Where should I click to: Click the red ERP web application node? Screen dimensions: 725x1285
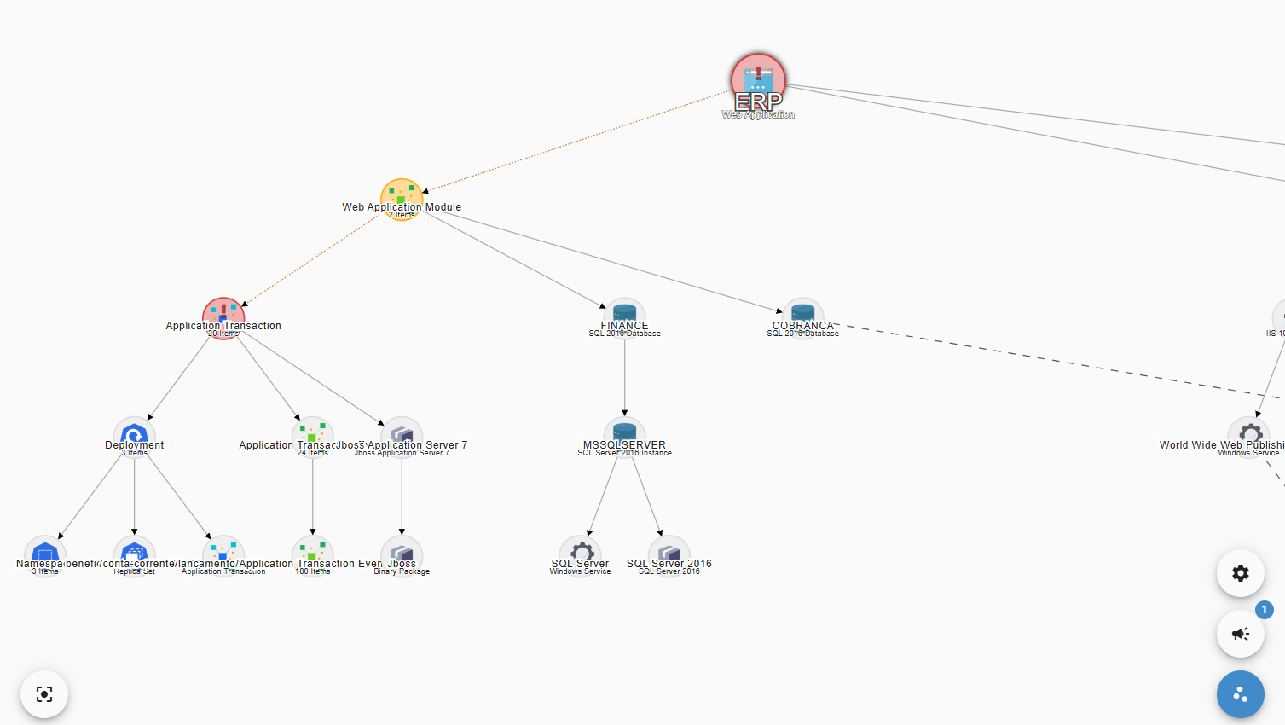(x=758, y=80)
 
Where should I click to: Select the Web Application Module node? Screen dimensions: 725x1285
(x=402, y=198)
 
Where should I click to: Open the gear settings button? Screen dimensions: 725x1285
(x=1241, y=573)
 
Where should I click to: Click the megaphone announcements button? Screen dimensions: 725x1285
(x=1241, y=634)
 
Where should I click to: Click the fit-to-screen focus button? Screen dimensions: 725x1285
(x=44, y=694)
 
